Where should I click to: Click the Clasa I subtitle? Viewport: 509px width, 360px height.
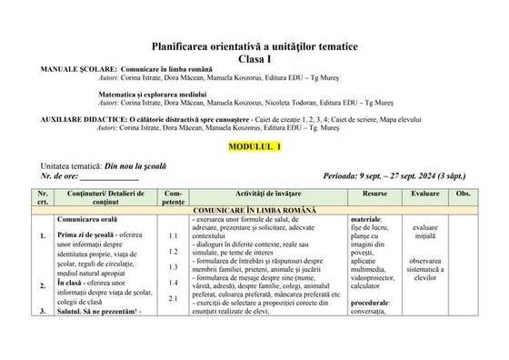coord(255,57)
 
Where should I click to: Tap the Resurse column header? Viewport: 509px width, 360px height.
coord(374,195)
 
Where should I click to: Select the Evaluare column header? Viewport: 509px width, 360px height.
coord(424,195)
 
